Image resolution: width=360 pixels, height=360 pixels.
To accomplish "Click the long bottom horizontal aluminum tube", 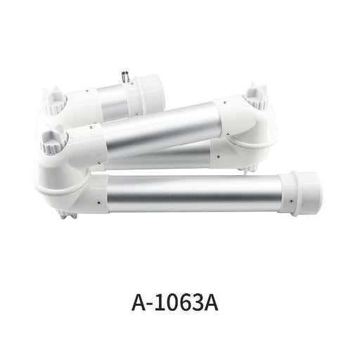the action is (195, 193).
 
